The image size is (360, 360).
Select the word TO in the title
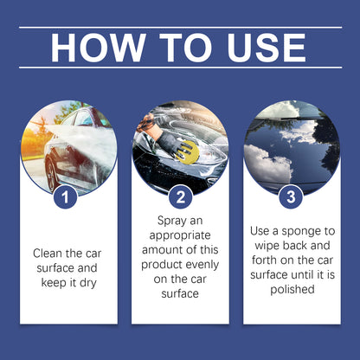click(x=180, y=48)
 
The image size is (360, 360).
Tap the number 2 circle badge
click(x=180, y=197)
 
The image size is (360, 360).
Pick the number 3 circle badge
click(x=292, y=197)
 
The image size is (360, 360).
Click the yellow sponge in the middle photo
click(x=188, y=153)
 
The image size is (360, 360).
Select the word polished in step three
click(x=292, y=289)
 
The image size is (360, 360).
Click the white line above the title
click(x=180, y=27)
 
